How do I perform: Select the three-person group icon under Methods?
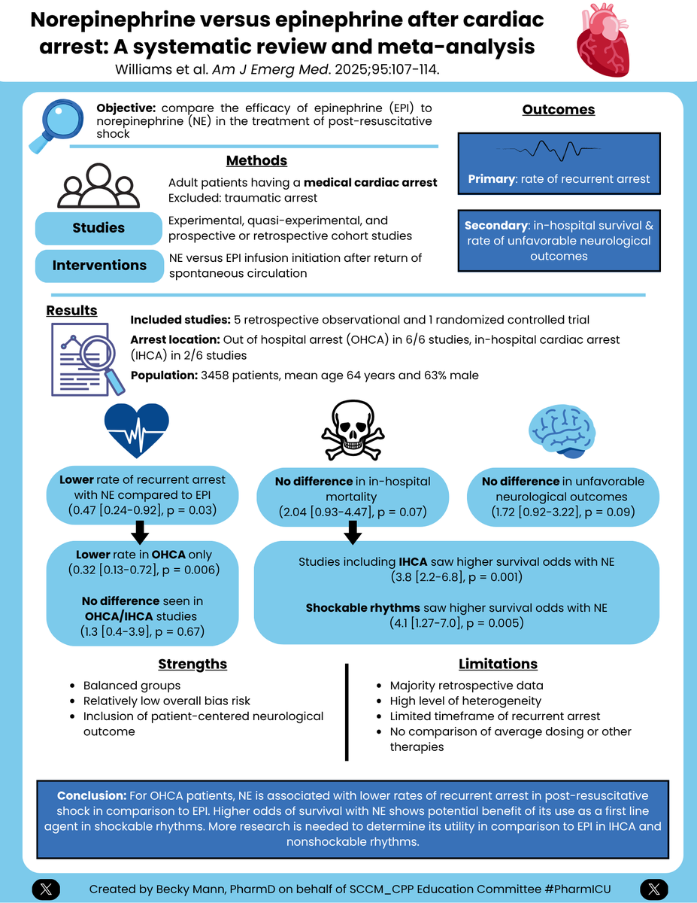98,186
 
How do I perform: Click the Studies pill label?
98,228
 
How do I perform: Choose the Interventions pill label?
98,266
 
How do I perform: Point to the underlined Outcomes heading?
559,110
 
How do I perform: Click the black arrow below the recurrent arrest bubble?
138,534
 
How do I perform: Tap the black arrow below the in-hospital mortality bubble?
352,534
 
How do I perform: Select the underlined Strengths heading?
192,664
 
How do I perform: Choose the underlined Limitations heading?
498,664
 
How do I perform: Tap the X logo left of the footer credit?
46,889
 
